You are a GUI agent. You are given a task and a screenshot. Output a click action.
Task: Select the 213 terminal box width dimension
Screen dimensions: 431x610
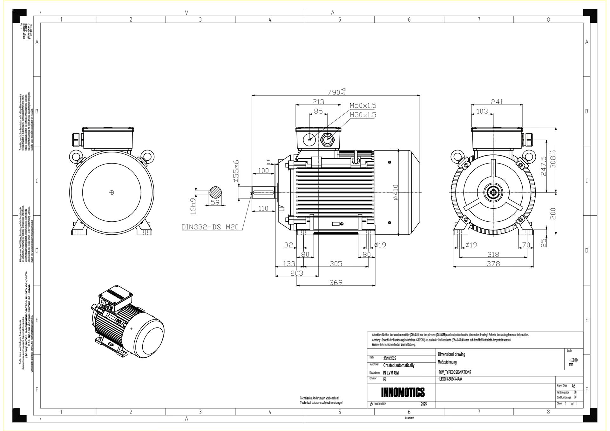tap(318, 102)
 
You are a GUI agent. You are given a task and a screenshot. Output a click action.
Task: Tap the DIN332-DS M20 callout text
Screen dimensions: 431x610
tap(210, 227)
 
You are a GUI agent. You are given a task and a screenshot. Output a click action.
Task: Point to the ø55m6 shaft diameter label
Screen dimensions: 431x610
tap(236, 171)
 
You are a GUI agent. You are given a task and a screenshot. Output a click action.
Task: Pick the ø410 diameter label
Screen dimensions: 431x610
tap(396, 192)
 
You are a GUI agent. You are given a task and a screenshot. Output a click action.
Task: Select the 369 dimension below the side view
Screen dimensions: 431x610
tap(335, 282)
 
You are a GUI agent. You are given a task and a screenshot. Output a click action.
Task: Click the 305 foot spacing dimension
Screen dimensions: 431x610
tap(335, 264)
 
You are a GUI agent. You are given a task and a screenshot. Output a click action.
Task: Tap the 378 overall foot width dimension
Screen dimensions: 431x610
tap(493, 264)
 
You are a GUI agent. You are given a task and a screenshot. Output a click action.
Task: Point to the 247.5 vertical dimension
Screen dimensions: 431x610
tap(543, 166)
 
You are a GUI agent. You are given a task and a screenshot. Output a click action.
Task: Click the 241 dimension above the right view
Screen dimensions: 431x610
tap(497, 102)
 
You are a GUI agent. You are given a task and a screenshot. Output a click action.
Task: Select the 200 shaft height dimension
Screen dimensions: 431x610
tap(553, 213)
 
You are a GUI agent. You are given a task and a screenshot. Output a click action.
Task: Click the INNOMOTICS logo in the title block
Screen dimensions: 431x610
tap(403, 392)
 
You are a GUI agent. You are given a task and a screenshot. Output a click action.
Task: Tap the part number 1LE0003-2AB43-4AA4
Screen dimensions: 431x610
tap(450, 379)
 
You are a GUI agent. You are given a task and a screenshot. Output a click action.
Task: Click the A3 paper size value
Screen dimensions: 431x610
tap(573, 386)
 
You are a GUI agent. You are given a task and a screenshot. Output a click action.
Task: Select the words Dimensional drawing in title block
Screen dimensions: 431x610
tap(451, 354)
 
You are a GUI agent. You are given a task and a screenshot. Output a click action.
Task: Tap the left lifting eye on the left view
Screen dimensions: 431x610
tap(76, 157)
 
